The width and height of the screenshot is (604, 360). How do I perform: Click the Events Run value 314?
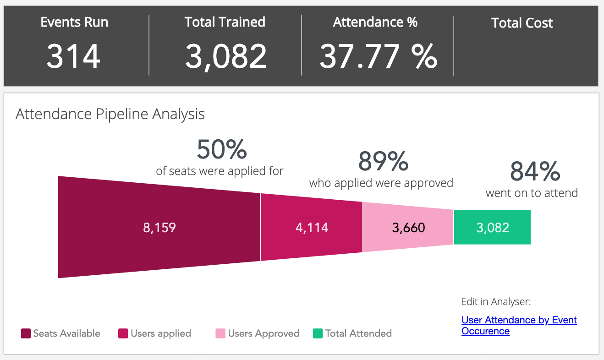tap(73, 56)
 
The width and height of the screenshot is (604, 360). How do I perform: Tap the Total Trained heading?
tap(225, 22)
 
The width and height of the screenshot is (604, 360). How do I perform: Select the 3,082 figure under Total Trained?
tap(225, 56)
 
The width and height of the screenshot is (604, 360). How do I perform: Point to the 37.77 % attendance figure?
tap(378, 56)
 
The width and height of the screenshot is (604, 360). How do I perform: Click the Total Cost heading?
tap(522, 23)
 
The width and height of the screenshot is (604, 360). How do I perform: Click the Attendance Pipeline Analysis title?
tap(110, 114)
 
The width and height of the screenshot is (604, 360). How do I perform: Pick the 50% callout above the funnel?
tap(222, 149)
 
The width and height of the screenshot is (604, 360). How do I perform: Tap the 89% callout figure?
tap(383, 161)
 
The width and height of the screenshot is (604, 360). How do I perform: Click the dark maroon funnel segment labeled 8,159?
tap(159, 228)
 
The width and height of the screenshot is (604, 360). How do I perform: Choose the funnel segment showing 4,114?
tap(312, 228)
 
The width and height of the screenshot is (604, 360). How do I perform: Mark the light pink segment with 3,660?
tap(408, 228)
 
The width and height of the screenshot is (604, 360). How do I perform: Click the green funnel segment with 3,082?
tap(492, 228)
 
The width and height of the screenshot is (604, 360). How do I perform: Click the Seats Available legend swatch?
tap(26, 333)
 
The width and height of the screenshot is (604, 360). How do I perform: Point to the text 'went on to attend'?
tap(532, 193)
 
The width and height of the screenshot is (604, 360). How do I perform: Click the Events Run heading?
tap(74, 22)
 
